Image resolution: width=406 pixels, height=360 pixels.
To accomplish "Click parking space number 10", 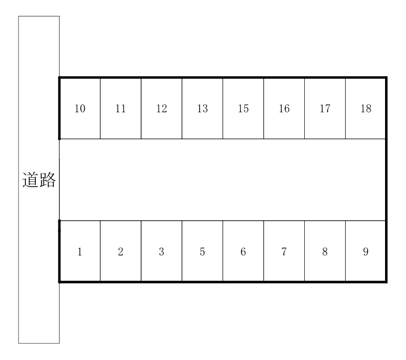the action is tap(80, 108).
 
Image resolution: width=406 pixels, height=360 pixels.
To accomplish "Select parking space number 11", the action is tap(121, 108).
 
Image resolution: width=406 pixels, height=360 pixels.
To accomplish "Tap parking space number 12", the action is tap(162, 108).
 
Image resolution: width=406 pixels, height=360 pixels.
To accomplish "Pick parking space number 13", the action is tap(202, 108).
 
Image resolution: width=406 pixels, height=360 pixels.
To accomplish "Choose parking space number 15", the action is tap(243, 108).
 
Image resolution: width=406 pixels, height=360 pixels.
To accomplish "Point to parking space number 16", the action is tap(284, 108).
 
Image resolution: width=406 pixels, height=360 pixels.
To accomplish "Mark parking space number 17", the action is tap(325, 108).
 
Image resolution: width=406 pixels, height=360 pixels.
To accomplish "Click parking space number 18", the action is tap(366, 108).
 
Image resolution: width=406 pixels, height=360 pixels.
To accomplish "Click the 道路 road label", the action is tap(39, 180).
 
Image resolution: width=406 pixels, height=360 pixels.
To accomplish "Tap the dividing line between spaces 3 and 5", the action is tap(182, 251).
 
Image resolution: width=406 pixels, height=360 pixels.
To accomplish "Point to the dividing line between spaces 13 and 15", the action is tap(222, 108).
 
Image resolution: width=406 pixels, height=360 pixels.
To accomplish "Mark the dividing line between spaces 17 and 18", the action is tap(346, 108).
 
